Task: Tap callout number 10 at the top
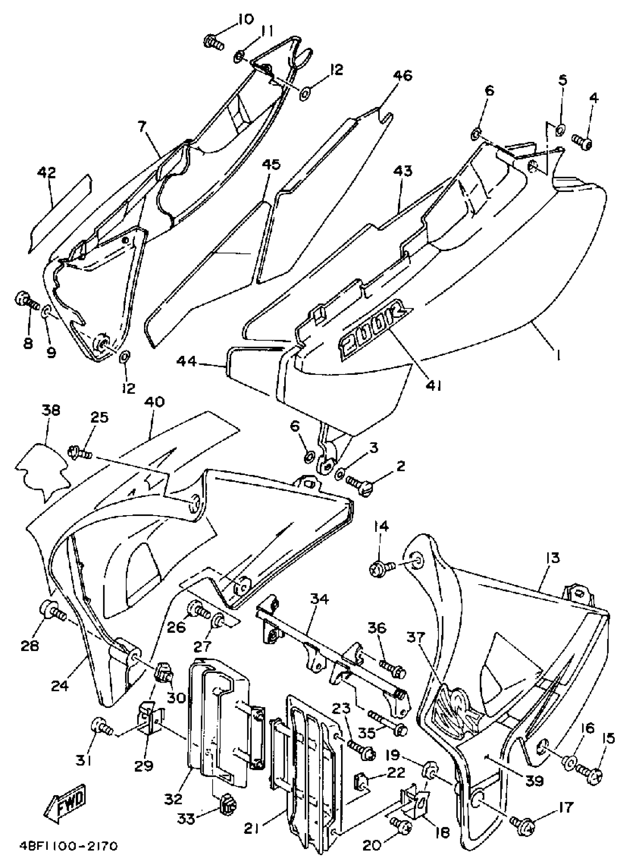click(243, 19)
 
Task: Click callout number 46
click(402, 75)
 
